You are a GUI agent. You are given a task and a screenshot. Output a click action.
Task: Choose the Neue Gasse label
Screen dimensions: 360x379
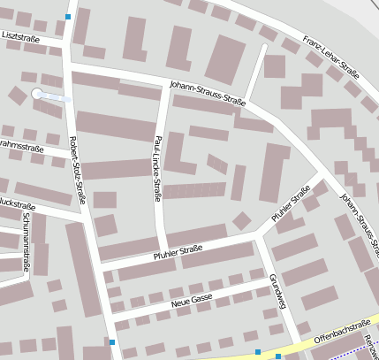[192, 301]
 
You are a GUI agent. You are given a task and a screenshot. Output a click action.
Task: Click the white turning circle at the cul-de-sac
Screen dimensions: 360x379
[37, 93]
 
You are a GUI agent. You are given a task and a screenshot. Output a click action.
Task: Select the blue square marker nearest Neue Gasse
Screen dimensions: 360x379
[111, 341]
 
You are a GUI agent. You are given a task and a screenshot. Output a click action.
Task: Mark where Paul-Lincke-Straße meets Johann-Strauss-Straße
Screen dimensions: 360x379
[162, 86]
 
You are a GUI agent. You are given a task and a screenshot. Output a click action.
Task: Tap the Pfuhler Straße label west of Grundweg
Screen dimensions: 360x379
[178, 250]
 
